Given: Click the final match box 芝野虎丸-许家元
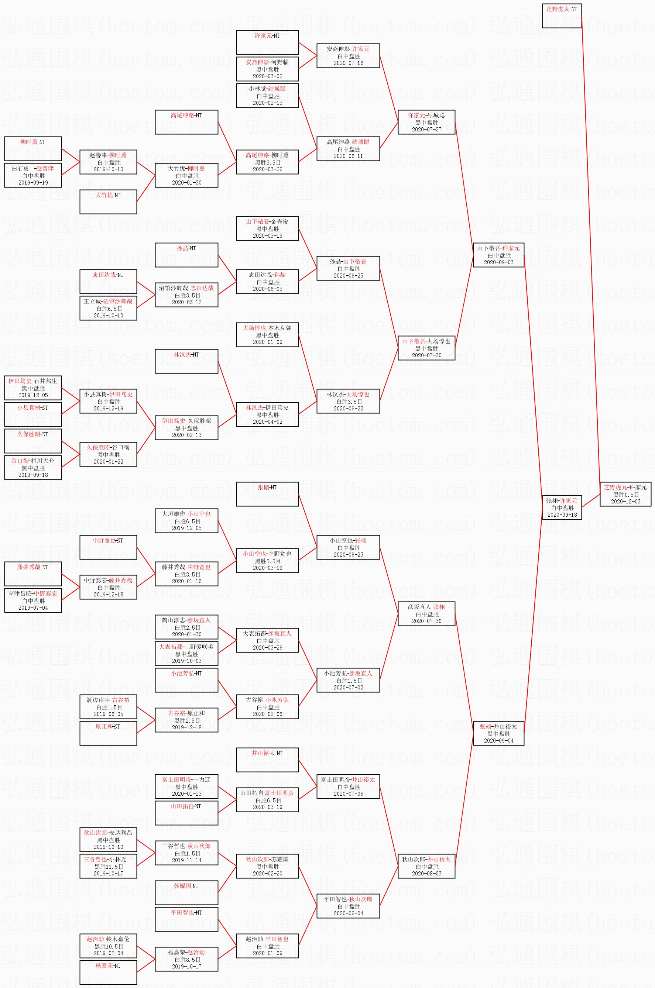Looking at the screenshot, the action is click(625, 494).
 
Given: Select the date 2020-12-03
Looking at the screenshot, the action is click(625, 502).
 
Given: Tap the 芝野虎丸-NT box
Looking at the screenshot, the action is click(562, 16).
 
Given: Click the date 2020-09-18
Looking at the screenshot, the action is click(562, 515).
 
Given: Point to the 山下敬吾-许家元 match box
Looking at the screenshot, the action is click(498, 255).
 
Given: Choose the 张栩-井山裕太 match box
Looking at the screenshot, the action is click(498, 733).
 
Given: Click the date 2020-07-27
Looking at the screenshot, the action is click(426, 130).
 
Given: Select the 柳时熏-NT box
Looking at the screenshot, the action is click(33, 149).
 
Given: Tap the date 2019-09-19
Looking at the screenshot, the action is click(33, 182).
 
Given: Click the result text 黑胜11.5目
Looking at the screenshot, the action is click(108, 867).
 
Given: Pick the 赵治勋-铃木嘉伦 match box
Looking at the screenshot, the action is click(108, 946).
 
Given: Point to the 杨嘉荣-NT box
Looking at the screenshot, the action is click(108, 972).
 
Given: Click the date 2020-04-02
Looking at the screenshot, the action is click(267, 422).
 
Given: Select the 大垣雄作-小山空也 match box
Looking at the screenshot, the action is click(186, 521).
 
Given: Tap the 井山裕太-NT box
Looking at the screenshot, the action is click(267, 760).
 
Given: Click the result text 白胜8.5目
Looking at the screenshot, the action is click(186, 960).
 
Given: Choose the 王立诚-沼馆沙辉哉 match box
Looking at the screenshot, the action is click(108, 308).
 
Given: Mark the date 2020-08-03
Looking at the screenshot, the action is click(426, 874).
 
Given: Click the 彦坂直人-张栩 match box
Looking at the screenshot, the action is click(426, 614).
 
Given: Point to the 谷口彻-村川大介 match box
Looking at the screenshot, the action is click(33, 467).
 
